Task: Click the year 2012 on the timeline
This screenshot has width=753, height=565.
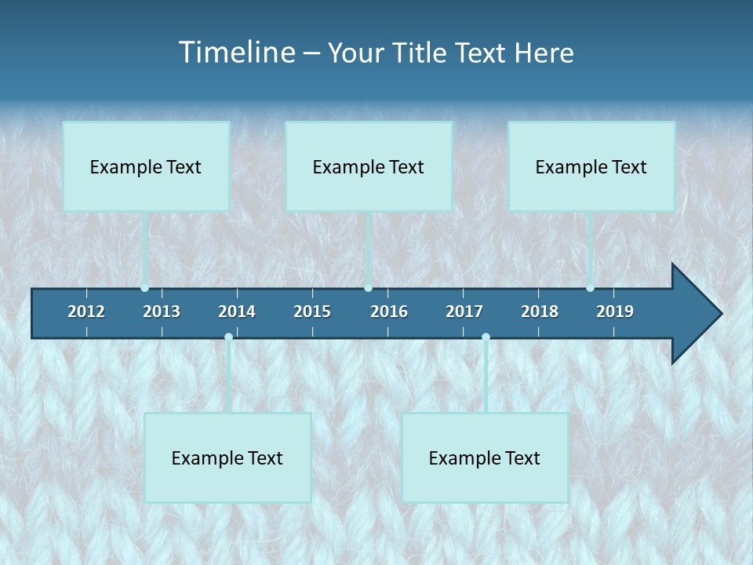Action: pos(86,312)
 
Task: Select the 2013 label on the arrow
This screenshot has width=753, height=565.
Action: pos(162,312)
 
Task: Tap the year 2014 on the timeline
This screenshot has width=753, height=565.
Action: pos(237,312)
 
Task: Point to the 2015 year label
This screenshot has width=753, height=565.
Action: pos(312,312)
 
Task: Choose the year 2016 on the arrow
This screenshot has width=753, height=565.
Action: pos(389,312)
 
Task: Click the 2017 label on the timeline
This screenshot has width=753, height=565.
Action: pos(464,312)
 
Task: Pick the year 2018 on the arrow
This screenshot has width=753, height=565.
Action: pos(540,312)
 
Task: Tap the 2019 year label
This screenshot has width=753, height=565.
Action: pos(615,312)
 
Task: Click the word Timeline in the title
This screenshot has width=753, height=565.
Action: pos(237,53)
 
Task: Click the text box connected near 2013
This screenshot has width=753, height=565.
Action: pos(146,166)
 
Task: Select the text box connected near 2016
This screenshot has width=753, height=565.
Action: pos(369,166)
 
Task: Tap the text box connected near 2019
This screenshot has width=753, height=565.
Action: pos(591,166)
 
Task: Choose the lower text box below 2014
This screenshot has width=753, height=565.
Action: pos(227,457)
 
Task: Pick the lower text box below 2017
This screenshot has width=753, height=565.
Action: pos(485,457)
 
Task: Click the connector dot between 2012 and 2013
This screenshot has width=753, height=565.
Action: pos(145,288)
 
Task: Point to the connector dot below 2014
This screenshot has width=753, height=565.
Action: pos(228,337)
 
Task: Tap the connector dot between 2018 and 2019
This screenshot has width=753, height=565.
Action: pos(590,288)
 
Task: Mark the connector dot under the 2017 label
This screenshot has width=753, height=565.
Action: pos(486,337)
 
